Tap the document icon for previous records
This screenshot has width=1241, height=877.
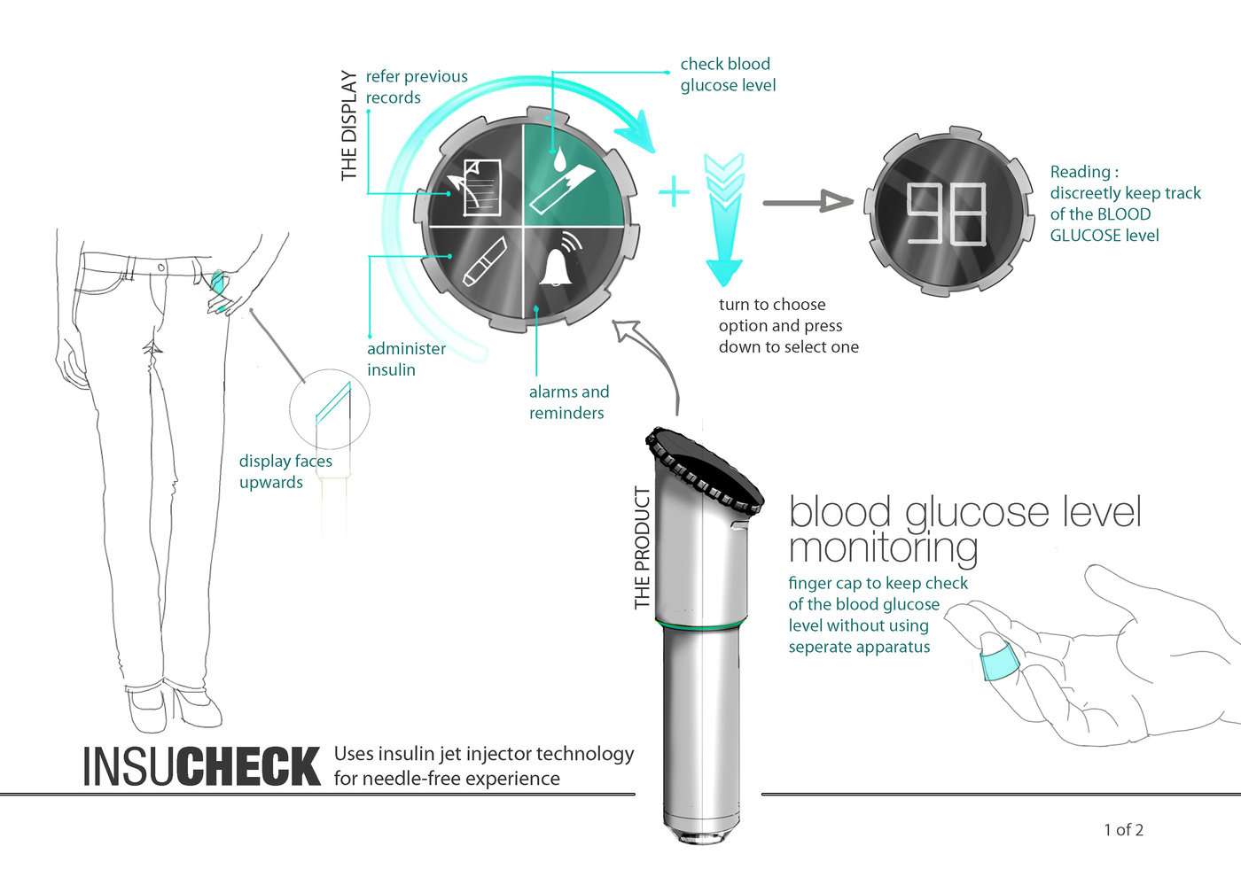(476, 188)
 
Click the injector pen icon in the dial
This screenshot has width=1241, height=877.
(486, 261)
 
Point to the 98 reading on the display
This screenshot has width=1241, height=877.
(947, 213)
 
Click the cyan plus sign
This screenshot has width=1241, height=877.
(674, 191)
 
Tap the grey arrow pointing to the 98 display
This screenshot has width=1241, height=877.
(808, 202)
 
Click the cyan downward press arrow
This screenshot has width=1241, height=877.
(724, 220)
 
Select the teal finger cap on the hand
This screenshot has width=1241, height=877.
(1000, 664)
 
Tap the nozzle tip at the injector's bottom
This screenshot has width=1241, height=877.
(702, 834)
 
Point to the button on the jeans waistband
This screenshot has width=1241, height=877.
(160, 268)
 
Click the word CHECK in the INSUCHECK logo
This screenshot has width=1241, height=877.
(249, 766)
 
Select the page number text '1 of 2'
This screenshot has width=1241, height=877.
(1124, 830)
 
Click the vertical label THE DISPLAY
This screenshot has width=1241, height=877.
(349, 125)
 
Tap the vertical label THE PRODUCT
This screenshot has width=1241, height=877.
(642, 548)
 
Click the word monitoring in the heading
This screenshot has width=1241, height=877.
(883, 548)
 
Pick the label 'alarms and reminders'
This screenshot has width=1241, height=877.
(569, 402)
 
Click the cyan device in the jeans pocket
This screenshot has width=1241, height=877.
(218, 282)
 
